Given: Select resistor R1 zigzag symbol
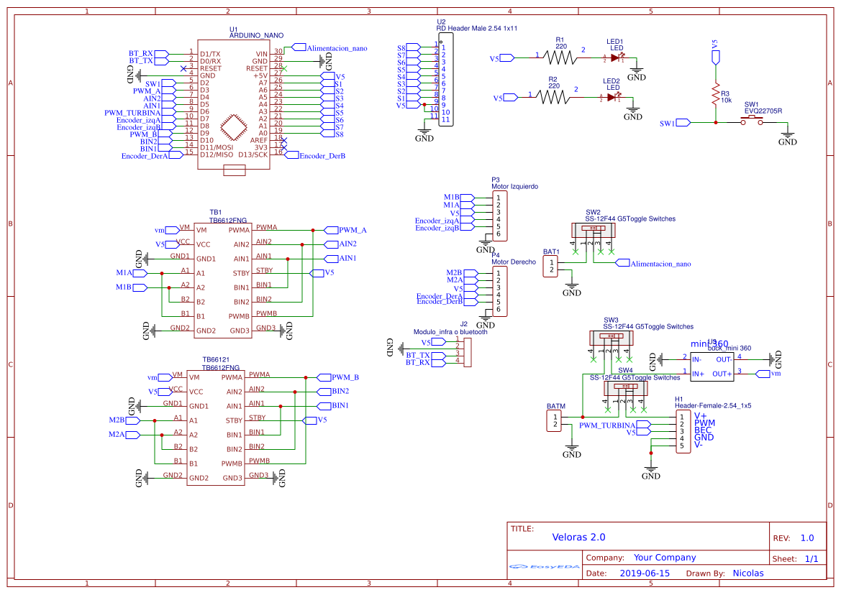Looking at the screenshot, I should pyautogui.click(x=561, y=57).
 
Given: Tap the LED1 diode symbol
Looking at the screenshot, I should pyautogui.click(x=615, y=57).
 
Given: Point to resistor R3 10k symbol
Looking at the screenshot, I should pyautogui.click(x=715, y=94).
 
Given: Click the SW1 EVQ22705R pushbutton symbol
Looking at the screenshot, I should pyautogui.click(x=753, y=122).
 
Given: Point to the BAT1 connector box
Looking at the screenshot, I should pyautogui.click(x=551, y=266).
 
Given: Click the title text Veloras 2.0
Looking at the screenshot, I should pyautogui.click(x=578, y=537).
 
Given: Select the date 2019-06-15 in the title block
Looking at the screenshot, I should pyautogui.click(x=645, y=573).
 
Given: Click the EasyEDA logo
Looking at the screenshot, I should pyautogui.click(x=544, y=566).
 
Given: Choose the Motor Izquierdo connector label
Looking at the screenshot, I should pyautogui.click(x=514, y=186).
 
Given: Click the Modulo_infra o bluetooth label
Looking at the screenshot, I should pyautogui.click(x=450, y=332).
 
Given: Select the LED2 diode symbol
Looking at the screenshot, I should pyautogui.click(x=613, y=97).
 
